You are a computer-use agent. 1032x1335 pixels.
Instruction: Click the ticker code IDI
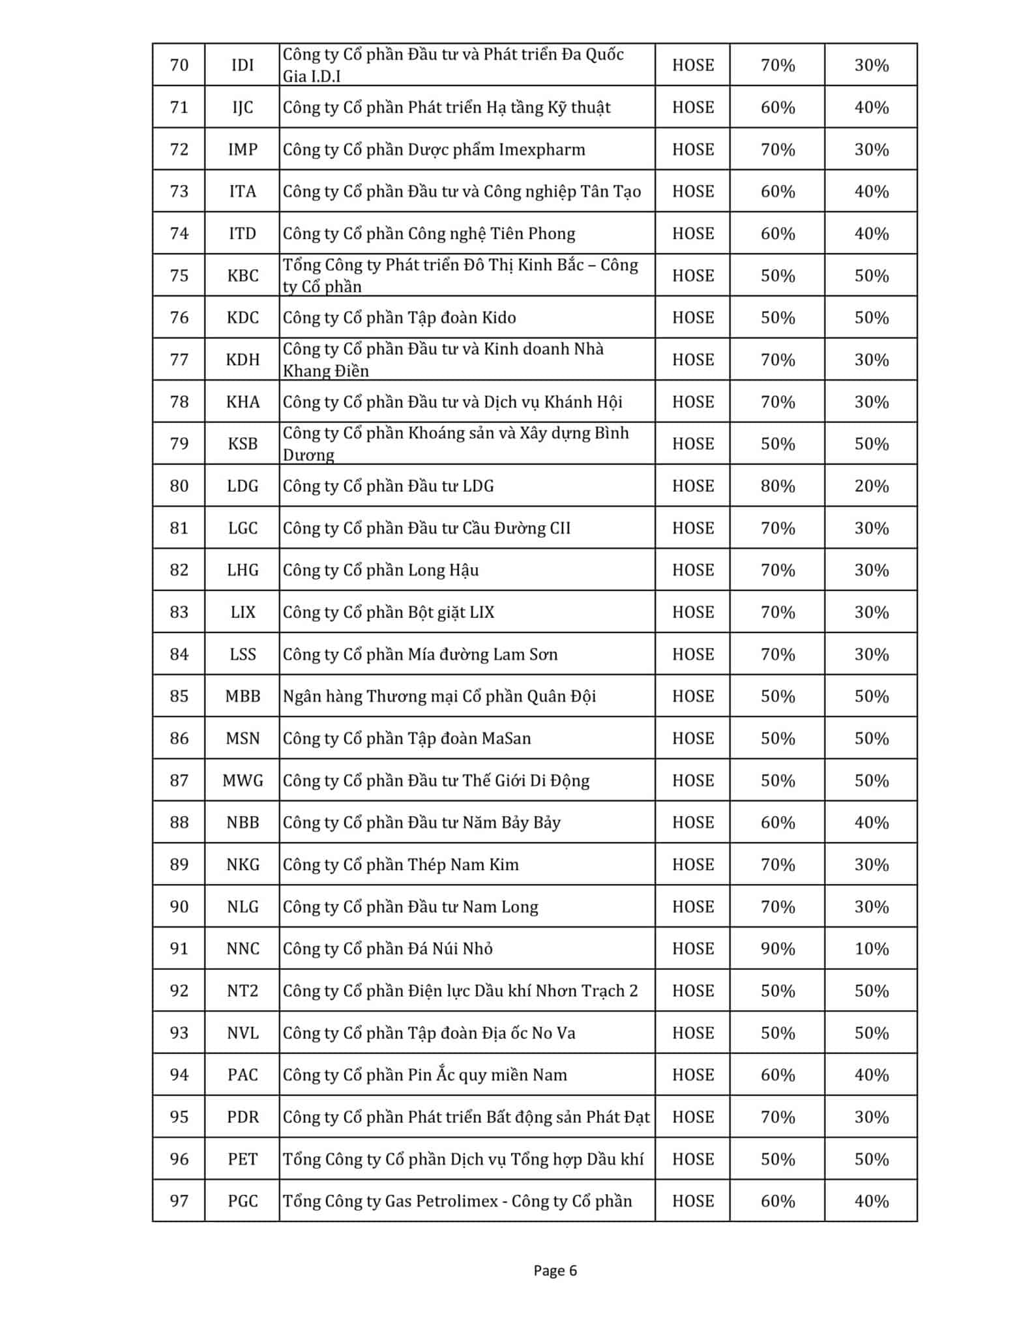[243, 65]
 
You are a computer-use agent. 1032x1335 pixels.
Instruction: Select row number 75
[179, 276]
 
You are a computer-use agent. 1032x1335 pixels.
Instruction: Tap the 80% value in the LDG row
[777, 486]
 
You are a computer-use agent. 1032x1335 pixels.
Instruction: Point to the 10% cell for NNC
[871, 949]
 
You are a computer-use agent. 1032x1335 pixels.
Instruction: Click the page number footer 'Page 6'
[555, 1270]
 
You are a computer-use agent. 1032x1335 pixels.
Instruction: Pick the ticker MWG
[243, 781]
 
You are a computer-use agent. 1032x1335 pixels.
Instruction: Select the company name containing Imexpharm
[434, 150]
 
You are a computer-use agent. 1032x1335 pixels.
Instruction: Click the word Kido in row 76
[499, 318]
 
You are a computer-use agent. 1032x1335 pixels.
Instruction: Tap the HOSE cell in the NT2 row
[692, 991]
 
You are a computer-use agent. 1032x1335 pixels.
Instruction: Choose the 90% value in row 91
[777, 949]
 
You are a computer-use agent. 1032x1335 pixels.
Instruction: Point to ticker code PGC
[243, 1201]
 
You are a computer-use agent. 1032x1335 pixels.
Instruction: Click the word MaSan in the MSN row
[506, 739]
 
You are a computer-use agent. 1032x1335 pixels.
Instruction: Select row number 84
[179, 654]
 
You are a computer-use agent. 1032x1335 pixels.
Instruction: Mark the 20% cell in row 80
[871, 486]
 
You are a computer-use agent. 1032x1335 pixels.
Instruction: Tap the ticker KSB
[243, 444]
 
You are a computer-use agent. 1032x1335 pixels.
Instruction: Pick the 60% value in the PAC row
[777, 1075]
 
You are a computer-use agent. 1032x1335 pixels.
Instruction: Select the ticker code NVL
[243, 1033]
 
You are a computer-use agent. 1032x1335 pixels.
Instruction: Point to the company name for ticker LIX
[389, 613]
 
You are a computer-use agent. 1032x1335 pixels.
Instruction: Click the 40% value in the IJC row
[871, 108]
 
